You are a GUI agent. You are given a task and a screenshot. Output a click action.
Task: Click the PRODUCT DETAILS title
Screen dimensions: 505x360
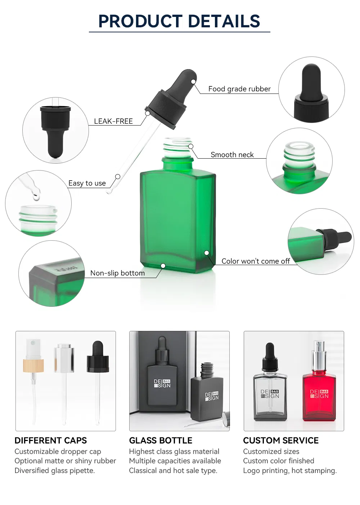(179, 21)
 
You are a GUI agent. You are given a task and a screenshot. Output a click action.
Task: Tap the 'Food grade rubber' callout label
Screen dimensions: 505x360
(239, 89)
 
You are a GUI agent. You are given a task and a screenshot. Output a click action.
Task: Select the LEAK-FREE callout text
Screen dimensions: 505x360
(113, 121)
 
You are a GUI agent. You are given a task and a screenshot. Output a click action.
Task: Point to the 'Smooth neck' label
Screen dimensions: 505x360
(232, 155)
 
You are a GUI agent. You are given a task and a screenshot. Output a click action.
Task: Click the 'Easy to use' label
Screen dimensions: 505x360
(87, 183)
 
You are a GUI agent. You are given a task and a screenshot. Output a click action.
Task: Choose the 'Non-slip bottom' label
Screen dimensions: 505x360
(117, 273)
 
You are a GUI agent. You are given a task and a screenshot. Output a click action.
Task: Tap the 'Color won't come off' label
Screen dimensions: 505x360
(256, 261)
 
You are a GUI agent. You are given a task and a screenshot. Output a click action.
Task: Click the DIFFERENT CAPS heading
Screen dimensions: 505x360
(51, 441)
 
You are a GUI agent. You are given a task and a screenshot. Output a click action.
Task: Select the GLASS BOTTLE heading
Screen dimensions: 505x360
(161, 441)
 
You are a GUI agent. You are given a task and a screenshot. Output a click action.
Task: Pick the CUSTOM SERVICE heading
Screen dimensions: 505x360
(281, 441)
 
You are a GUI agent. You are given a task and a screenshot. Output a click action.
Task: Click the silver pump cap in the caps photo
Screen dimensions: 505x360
(64, 358)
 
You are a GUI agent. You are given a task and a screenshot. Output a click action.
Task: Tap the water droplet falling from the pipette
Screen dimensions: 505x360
(36, 196)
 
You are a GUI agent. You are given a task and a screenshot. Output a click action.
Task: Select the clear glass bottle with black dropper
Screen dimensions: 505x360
(270, 392)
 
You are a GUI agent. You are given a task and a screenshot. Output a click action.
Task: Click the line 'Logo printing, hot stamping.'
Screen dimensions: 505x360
(290, 470)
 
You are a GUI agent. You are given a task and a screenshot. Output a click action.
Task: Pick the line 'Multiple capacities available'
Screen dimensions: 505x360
(175, 461)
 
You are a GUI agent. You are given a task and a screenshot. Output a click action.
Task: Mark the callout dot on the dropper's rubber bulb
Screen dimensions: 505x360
(193, 82)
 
